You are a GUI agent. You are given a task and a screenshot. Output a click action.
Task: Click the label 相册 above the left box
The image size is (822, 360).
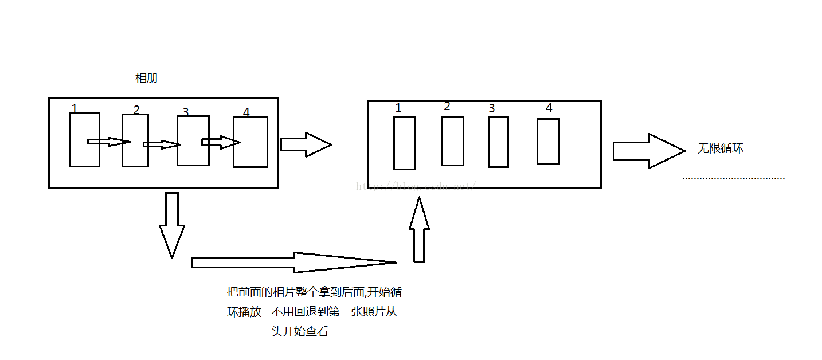[x=146, y=79]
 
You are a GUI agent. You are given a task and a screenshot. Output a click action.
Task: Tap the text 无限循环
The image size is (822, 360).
[x=720, y=148]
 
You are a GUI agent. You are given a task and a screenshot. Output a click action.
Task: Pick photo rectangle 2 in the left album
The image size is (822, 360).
[x=135, y=155]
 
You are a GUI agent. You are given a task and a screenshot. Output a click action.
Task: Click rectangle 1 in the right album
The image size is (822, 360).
[x=404, y=143]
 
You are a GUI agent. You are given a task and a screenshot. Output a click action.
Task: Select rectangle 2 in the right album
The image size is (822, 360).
[x=452, y=141]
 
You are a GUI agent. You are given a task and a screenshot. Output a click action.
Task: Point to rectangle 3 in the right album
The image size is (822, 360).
[x=498, y=142]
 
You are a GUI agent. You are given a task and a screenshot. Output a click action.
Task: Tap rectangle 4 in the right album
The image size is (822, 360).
[x=548, y=142]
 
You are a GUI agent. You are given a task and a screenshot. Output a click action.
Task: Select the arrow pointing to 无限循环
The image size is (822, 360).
[x=648, y=151]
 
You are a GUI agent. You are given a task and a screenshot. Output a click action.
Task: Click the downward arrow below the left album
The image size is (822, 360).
[x=171, y=224]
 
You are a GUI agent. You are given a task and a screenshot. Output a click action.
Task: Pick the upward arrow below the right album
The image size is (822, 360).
[x=419, y=230]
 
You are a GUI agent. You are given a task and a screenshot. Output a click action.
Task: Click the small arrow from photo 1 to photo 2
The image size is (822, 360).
[x=109, y=142]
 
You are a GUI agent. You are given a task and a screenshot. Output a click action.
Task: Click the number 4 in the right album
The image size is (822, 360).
[x=549, y=108]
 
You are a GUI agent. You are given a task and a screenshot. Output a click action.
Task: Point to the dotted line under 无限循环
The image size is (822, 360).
[x=733, y=179]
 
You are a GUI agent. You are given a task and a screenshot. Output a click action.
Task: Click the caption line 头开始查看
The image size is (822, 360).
[x=300, y=332]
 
